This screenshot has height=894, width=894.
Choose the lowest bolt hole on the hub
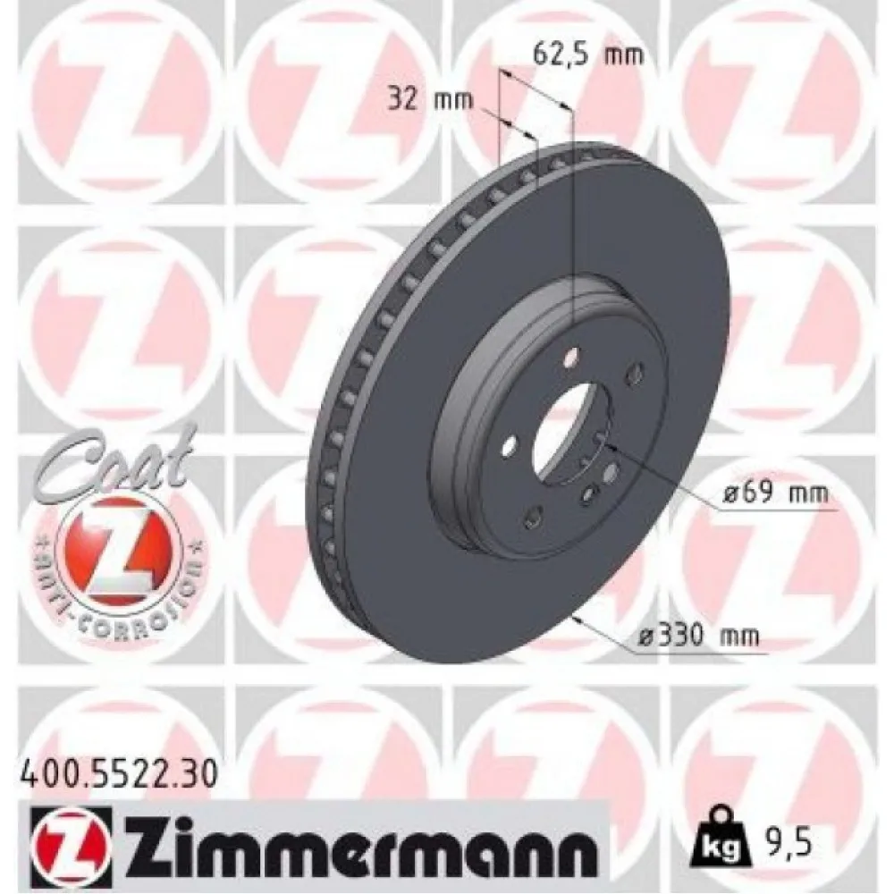click(x=534, y=514)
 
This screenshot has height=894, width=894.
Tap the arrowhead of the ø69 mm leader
click(x=611, y=451)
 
